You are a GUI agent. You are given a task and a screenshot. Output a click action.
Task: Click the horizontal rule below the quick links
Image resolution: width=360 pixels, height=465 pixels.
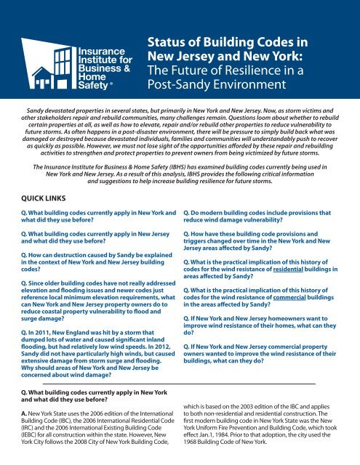180,383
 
